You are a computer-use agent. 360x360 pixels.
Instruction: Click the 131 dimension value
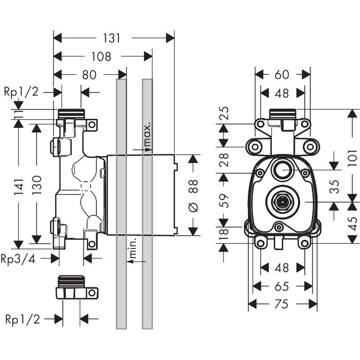(x=112, y=38)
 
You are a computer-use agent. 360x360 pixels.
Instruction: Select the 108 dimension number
(x=101, y=57)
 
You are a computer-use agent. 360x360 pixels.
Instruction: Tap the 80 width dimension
(x=89, y=75)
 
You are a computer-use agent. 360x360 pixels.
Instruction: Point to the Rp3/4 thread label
(x=18, y=259)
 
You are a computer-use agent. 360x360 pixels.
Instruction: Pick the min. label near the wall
(x=132, y=248)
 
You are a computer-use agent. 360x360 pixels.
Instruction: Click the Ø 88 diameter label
(x=193, y=196)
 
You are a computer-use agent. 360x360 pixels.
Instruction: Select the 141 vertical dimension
(x=18, y=187)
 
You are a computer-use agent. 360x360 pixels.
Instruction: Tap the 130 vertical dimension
(x=36, y=185)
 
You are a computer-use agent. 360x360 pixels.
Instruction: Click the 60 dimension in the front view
(x=282, y=75)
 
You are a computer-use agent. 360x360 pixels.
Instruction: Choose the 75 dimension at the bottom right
(x=282, y=304)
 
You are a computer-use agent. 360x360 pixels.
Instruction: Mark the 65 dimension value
(x=282, y=286)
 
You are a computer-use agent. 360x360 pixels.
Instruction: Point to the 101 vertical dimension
(x=353, y=158)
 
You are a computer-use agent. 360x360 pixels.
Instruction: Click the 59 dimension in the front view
(x=224, y=201)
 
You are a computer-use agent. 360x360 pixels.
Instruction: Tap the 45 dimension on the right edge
(x=353, y=224)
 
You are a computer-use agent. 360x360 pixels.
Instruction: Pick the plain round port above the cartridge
(x=283, y=170)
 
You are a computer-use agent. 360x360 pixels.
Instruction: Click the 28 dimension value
(x=224, y=160)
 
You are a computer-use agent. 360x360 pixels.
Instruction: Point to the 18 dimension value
(x=224, y=234)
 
